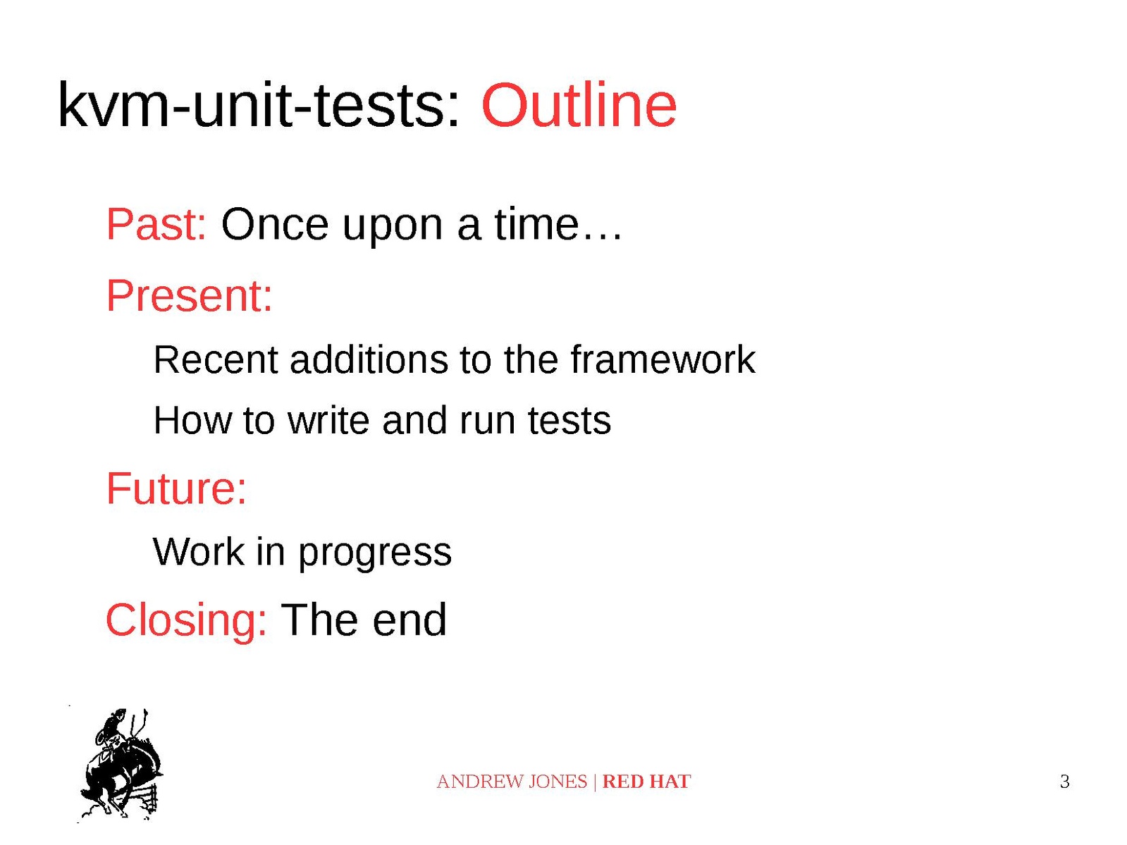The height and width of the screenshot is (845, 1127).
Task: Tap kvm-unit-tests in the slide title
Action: [x=257, y=105]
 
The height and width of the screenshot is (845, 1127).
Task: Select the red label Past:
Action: [x=156, y=224]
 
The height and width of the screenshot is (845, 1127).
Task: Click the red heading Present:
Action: [x=189, y=296]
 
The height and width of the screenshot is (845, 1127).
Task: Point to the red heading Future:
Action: [x=176, y=488]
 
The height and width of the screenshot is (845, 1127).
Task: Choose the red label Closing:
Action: [x=186, y=619]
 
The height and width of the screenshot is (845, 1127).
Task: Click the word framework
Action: [x=663, y=359]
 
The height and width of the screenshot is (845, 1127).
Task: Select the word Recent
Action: [x=216, y=359]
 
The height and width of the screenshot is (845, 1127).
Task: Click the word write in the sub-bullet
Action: [x=328, y=420]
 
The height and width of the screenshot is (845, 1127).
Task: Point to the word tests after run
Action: [x=569, y=421]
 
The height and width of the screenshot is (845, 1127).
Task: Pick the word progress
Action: [x=375, y=553]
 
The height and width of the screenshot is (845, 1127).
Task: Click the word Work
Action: [x=199, y=551]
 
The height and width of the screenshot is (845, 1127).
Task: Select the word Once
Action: [x=275, y=224]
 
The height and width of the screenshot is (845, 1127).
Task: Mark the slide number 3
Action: [x=1065, y=782]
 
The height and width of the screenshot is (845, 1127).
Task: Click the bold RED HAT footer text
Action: [x=646, y=782]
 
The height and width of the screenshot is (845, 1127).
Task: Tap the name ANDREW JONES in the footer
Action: [x=512, y=782]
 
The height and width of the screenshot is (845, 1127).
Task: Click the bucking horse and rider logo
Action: [x=121, y=764]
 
